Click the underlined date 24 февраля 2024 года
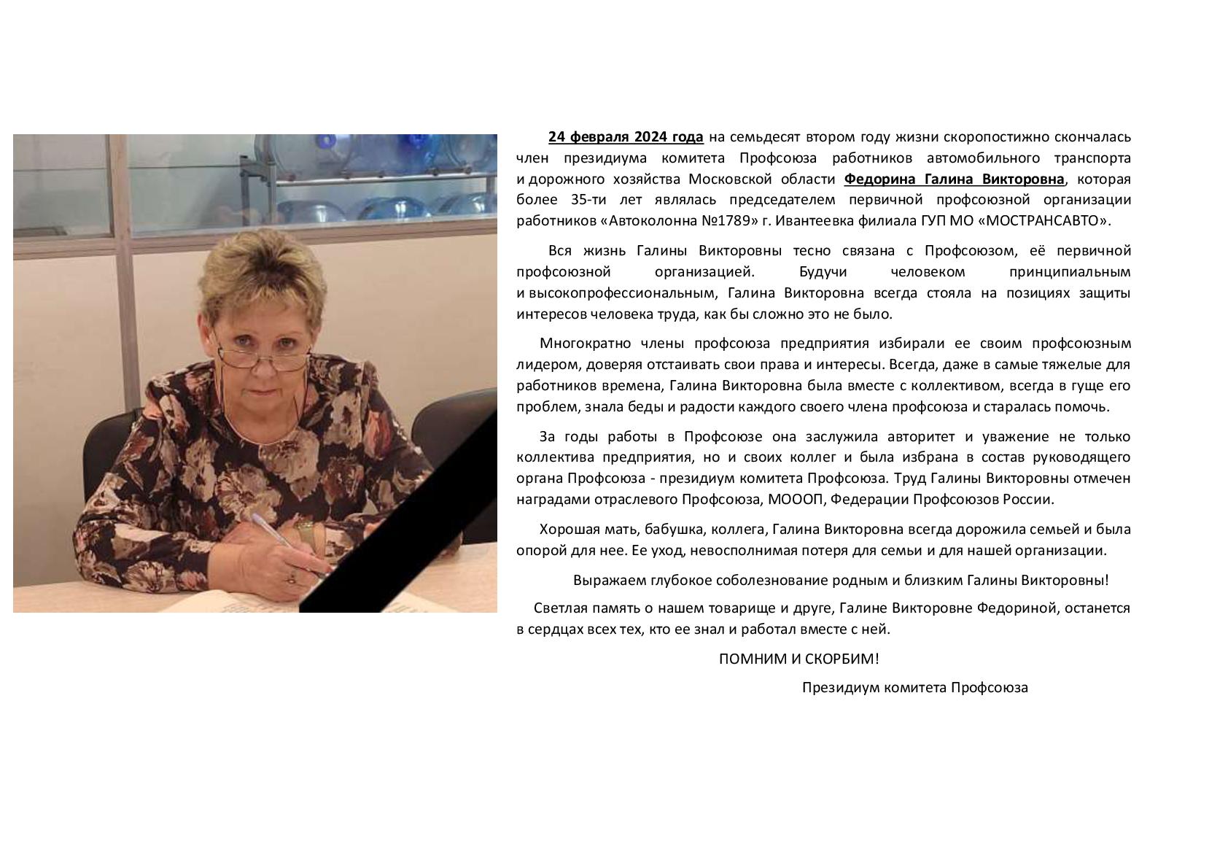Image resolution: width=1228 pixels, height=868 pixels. click(626, 137)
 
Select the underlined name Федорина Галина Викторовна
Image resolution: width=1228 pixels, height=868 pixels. click(955, 179)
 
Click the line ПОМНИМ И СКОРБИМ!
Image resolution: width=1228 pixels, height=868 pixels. click(798, 659)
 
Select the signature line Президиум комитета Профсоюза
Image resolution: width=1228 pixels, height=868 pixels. click(914, 687)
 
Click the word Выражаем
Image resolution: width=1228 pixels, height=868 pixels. click(605, 581)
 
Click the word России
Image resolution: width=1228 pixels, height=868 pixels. click(1030, 500)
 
